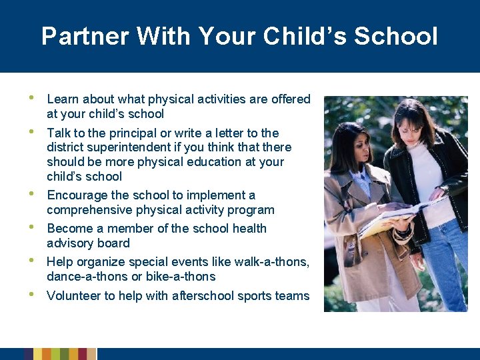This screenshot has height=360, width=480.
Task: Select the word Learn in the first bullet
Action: [x=62, y=99]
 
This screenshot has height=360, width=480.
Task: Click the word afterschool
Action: [x=192, y=295]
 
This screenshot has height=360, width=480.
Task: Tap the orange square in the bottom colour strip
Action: [x=46, y=354]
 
